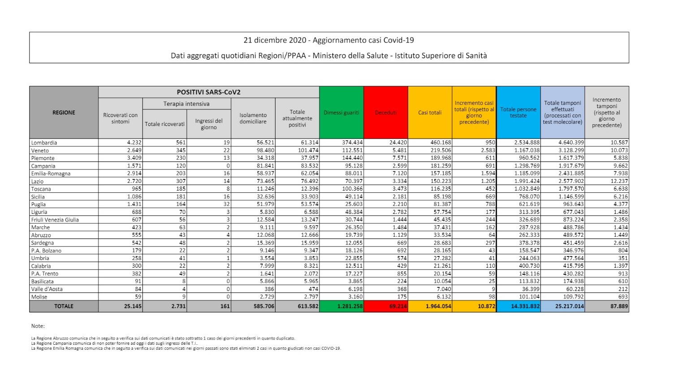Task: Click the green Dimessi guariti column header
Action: click(341, 113)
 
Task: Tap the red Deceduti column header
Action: click(386, 113)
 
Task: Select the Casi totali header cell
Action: click(430, 113)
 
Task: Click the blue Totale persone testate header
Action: click(518, 113)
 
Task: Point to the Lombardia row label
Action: click(44, 143)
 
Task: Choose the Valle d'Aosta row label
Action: click(47, 289)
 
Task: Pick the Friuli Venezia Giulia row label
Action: click(55, 220)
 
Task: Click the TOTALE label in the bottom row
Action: click(64, 306)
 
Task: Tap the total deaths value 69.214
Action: click(398, 307)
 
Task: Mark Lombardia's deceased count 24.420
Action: click(398, 143)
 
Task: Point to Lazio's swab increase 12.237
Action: click(619, 181)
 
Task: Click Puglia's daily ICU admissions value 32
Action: click(226, 204)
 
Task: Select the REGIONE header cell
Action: click(64, 113)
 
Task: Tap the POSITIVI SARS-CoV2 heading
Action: click(208, 92)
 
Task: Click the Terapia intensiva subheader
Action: click(186, 104)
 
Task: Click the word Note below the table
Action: click(38, 326)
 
